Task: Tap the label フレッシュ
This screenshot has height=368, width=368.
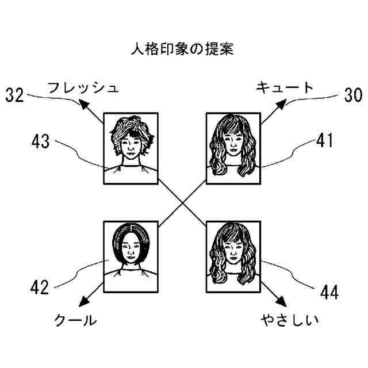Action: click(x=83, y=88)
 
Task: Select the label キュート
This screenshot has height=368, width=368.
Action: click(x=285, y=87)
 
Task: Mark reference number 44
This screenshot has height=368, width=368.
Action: click(x=328, y=293)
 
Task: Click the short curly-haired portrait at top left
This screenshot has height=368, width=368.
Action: click(x=131, y=148)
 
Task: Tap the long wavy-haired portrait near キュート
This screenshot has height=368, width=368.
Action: click(x=233, y=148)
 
